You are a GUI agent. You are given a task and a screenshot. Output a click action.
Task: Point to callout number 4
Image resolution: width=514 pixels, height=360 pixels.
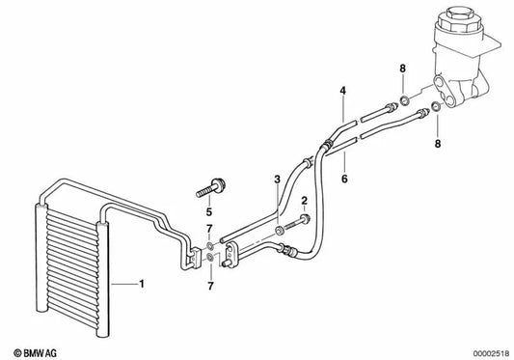point(341,91)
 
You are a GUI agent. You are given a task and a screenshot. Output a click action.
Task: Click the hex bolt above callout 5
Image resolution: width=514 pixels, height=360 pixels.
point(210,181)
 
